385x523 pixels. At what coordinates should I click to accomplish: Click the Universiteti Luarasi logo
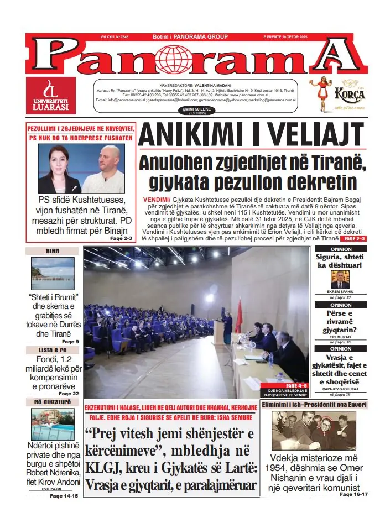[x=50, y=95]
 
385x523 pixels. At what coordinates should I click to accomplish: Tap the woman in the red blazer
[x=60, y=170]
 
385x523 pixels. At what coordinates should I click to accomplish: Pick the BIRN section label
[x=53, y=251]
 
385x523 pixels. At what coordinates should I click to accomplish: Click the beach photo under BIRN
[x=53, y=273]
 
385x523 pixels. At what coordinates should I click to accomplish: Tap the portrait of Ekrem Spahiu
[x=340, y=280]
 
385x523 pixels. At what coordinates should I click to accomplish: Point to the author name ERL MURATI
[x=340, y=337]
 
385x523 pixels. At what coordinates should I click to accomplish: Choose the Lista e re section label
[x=53, y=350]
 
